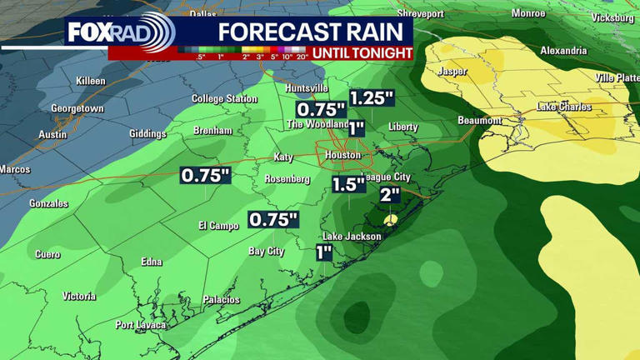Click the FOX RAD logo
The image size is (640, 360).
[120, 32]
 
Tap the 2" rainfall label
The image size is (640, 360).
[390, 196]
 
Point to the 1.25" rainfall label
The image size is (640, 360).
[371, 97]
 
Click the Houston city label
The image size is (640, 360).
[342, 155]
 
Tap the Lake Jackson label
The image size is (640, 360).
[352, 237]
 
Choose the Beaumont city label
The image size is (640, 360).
[480, 121]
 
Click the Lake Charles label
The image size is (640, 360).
[564, 107]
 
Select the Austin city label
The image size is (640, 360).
[53, 135]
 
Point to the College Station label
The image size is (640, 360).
[224, 98]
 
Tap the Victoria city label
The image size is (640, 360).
[79, 297]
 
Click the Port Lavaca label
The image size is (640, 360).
[141, 325]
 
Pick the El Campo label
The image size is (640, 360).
[218, 226]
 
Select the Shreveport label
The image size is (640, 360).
[421, 13]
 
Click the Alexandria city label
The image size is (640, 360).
[563, 51]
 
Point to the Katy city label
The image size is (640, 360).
[284, 157]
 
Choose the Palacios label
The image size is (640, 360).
[221, 300]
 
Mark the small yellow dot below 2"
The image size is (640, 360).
[391, 219]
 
